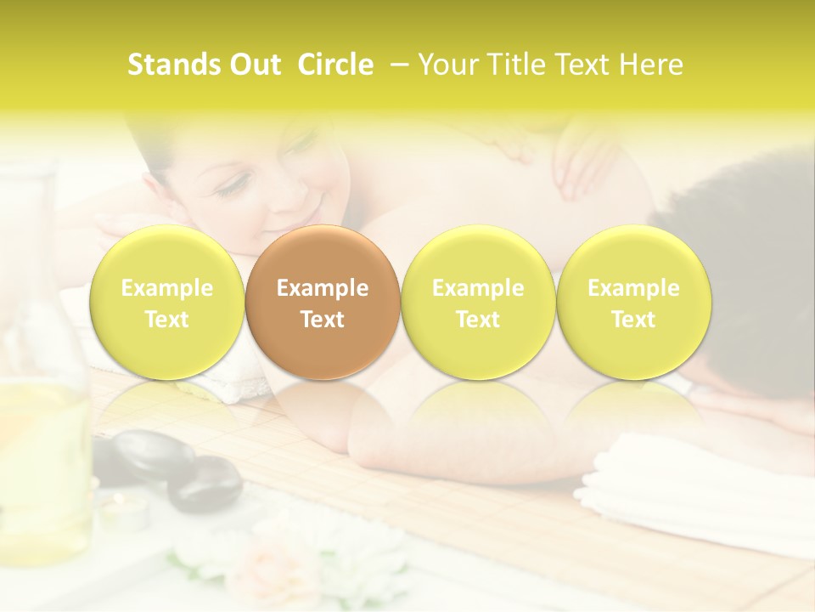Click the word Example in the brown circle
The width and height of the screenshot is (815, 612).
click(323, 288)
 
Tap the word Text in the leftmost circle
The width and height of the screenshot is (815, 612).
click(167, 320)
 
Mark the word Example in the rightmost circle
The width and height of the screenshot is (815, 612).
click(633, 288)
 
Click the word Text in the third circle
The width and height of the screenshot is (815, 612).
click(478, 320)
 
